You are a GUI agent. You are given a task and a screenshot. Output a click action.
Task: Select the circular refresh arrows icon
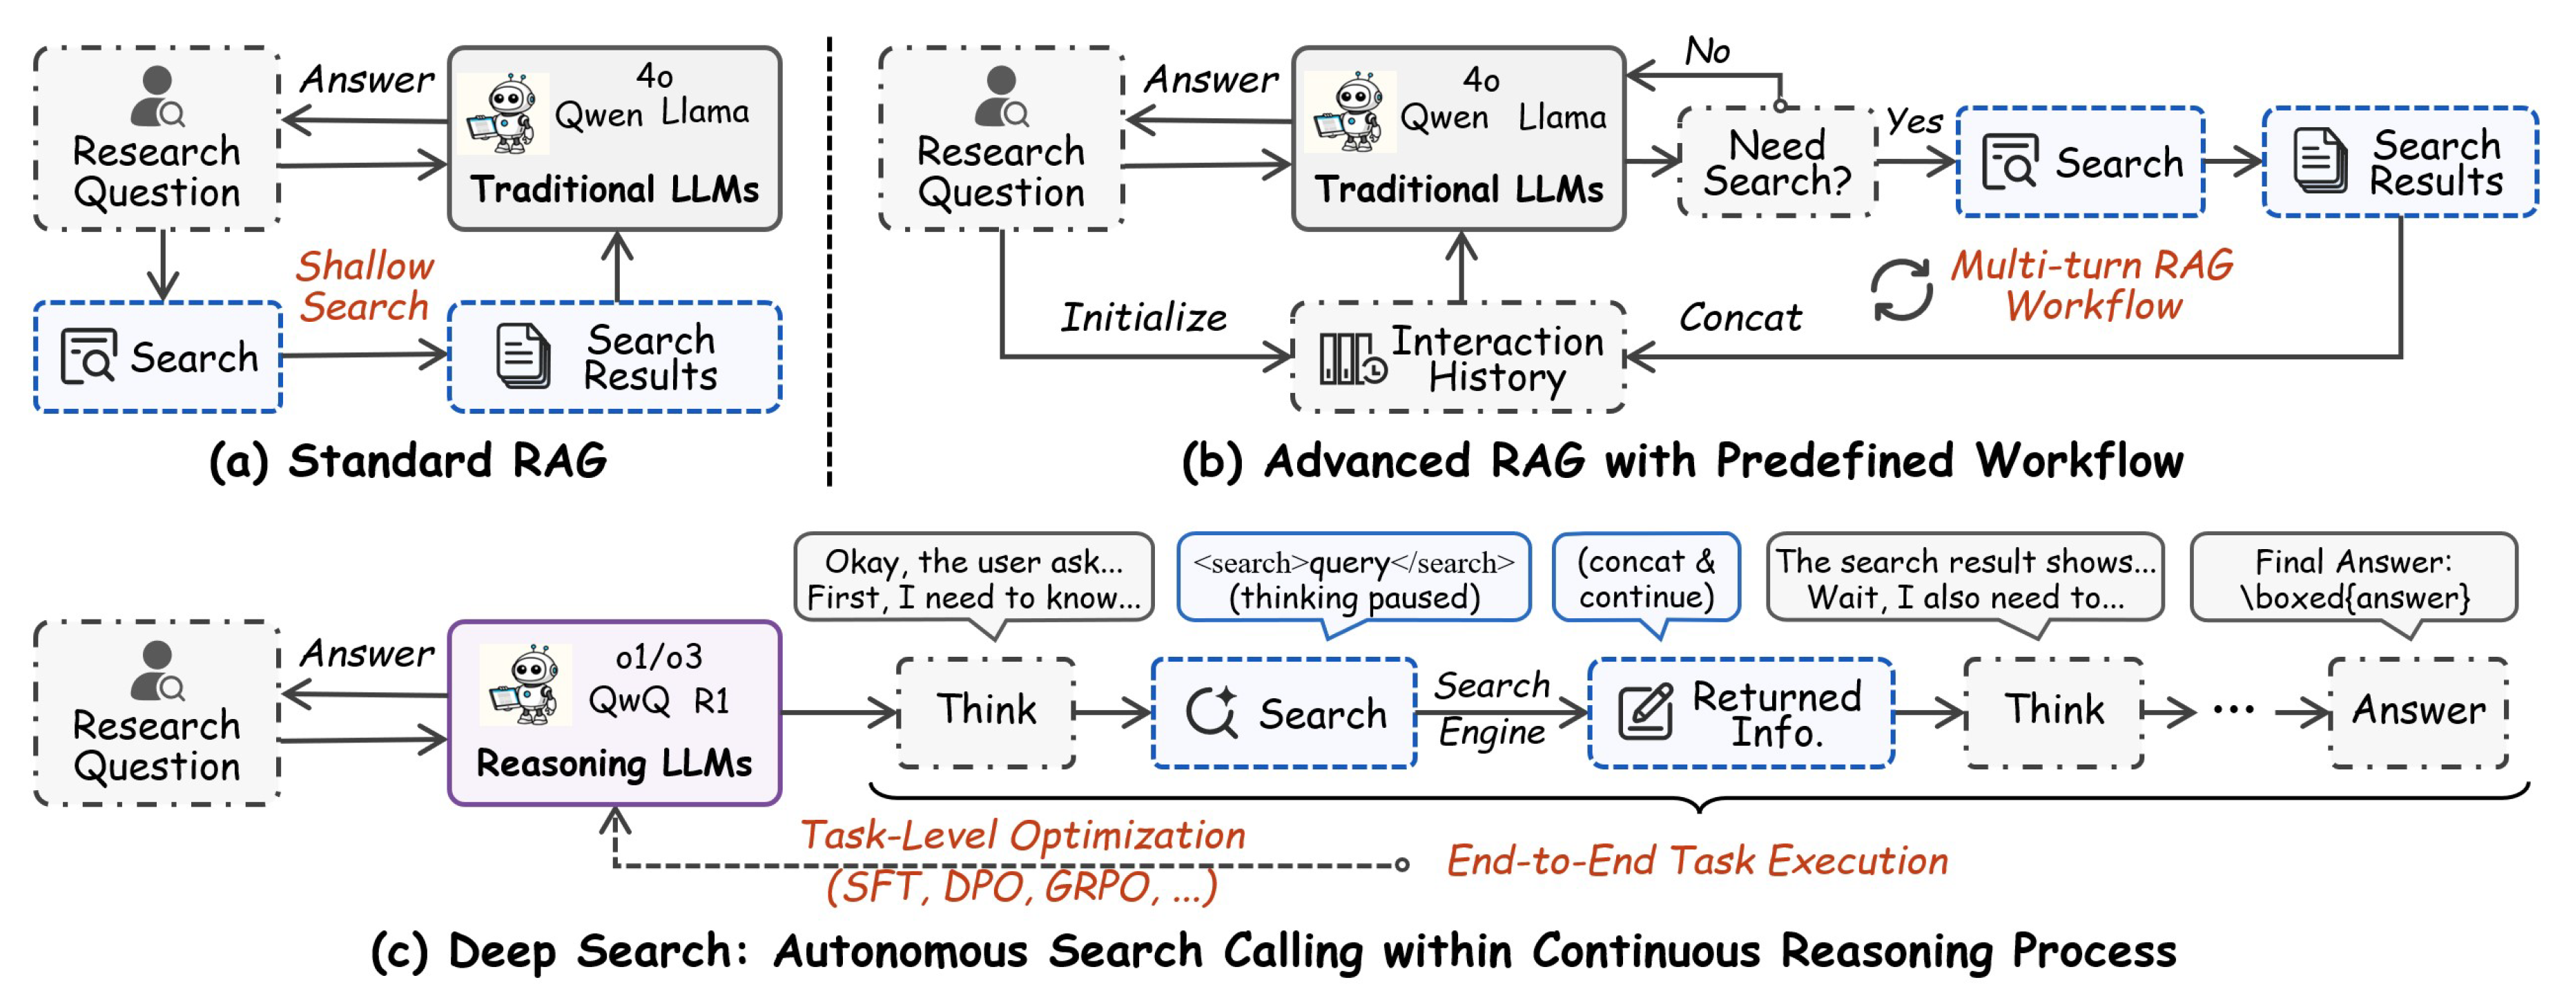click(1901, 289)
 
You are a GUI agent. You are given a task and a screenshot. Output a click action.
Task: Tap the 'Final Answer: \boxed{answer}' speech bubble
click(2353, 578)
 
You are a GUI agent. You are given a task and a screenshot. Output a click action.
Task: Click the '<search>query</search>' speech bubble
click(1353, 578)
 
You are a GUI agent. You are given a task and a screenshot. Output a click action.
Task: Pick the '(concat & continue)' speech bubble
click(1646, 578)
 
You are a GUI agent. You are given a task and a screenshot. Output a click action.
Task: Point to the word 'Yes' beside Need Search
click(1913, 121)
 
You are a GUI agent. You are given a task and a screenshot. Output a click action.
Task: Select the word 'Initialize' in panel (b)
click(1143, 318)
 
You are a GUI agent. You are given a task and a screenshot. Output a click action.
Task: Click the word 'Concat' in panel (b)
click(1740, 318)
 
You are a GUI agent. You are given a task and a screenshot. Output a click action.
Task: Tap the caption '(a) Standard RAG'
click(407, 461)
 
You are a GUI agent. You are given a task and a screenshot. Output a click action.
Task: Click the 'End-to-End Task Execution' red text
click(1697, 860)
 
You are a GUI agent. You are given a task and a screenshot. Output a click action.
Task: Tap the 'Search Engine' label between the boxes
click(1492, 709)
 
